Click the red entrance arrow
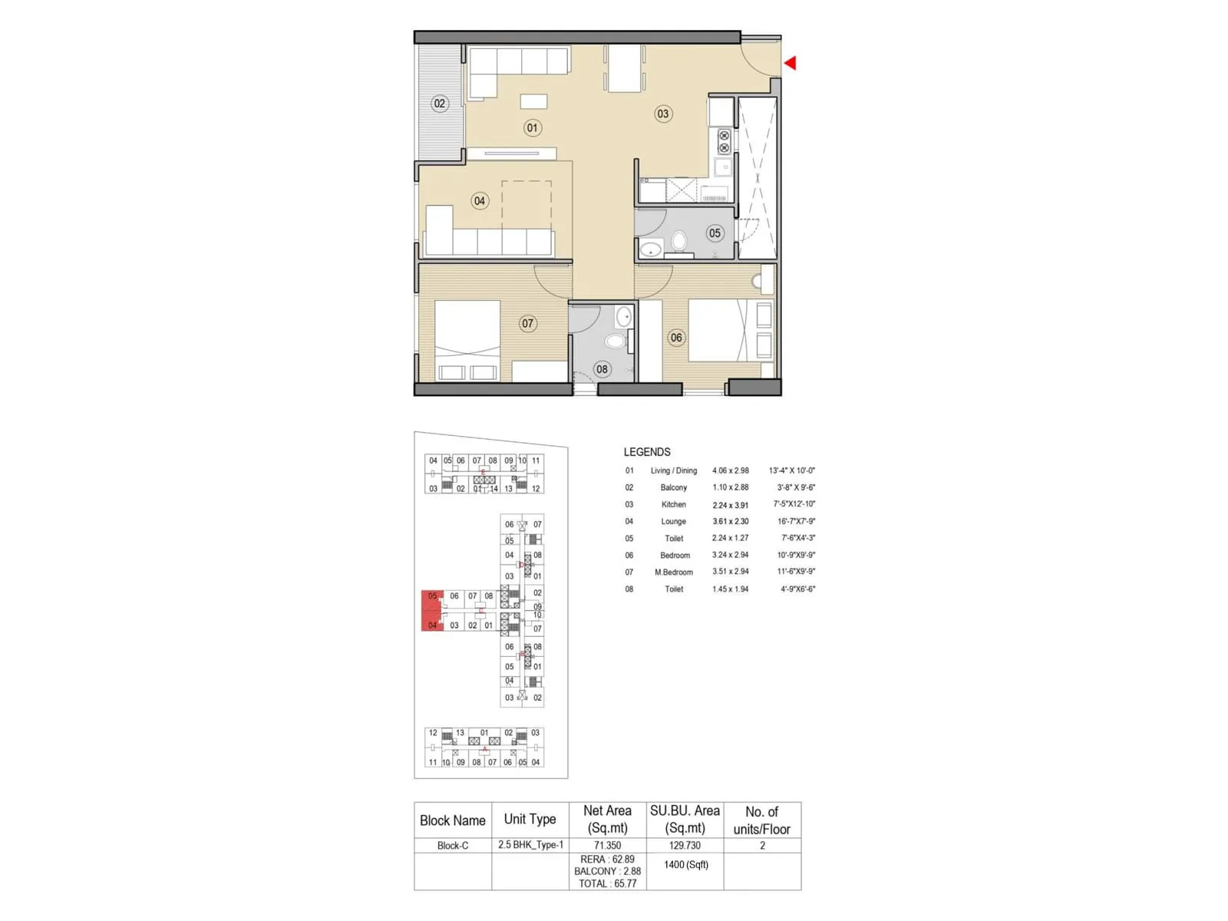click(x=791, y=63)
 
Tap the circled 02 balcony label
click(x=439, y=104)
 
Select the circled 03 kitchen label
click(x=662, y=114)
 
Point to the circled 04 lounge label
click(x=480, y=201)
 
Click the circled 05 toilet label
click(x=715, y=233)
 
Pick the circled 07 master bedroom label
click(x=527, y=323)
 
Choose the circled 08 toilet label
click(x=602, y=369)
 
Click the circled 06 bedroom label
click(x=675, y=337)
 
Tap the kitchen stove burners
click(x=724, y=142)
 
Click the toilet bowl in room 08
click(x=616, y=341)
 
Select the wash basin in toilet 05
click(x=651, y=249)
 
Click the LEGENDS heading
click(x=647, y=452)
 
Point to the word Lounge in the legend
click(x=673, y=521)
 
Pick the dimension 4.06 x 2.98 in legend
click(x=730, y=470)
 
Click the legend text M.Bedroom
click(x=673, y=572)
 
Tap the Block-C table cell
click(x=453, y=845)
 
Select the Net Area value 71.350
click(x=607, y=845)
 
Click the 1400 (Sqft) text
click(x=685, y=864)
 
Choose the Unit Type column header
click(x=530, y=819)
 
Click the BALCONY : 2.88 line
click(x=607, y=871)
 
